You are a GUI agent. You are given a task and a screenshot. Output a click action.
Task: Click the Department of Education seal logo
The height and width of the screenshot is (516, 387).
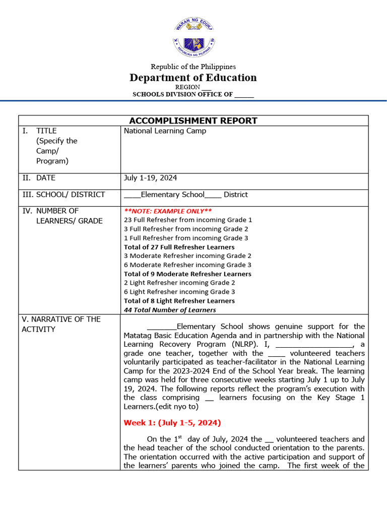[194, 38]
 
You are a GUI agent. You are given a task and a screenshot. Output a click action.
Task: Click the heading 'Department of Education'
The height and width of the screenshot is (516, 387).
[193, 78]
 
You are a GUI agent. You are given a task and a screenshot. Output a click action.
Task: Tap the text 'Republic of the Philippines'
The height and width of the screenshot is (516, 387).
[193, 67]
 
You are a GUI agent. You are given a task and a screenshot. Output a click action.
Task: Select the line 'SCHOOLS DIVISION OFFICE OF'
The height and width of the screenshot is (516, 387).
[193, 94]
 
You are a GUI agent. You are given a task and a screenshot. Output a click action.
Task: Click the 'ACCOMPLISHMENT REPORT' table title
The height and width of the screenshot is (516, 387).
[193, 120]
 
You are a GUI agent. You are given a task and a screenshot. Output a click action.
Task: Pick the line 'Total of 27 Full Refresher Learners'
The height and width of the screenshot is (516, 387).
[179, 247]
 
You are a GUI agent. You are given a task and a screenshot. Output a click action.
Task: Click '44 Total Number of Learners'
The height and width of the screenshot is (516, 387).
[170, 310]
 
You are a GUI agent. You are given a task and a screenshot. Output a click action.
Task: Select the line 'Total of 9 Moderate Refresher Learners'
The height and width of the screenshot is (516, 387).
[187, 274]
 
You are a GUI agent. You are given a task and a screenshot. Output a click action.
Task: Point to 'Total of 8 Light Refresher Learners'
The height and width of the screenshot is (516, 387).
[179, 301]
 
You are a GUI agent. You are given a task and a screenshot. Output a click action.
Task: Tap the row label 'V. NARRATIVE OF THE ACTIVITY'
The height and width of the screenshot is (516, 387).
[61, 324]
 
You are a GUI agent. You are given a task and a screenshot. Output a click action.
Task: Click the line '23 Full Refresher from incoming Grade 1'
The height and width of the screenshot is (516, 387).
[188, 220]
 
